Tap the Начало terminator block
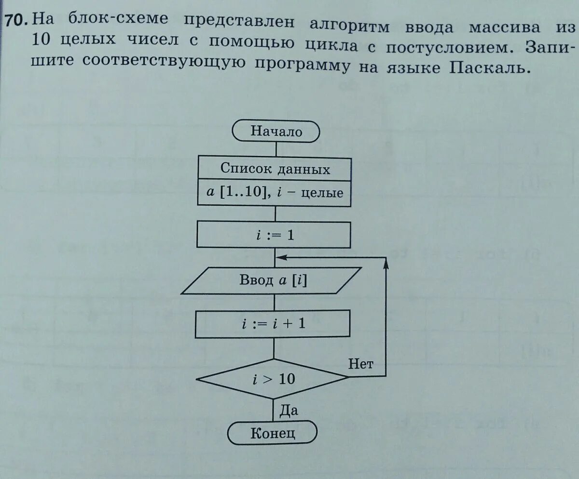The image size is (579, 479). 276,131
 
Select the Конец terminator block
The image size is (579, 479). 273,433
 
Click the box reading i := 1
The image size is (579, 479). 274,236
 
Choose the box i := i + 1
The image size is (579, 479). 273,324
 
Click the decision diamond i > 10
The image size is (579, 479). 273,379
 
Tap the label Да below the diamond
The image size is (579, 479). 289,410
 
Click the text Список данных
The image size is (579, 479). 275,169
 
